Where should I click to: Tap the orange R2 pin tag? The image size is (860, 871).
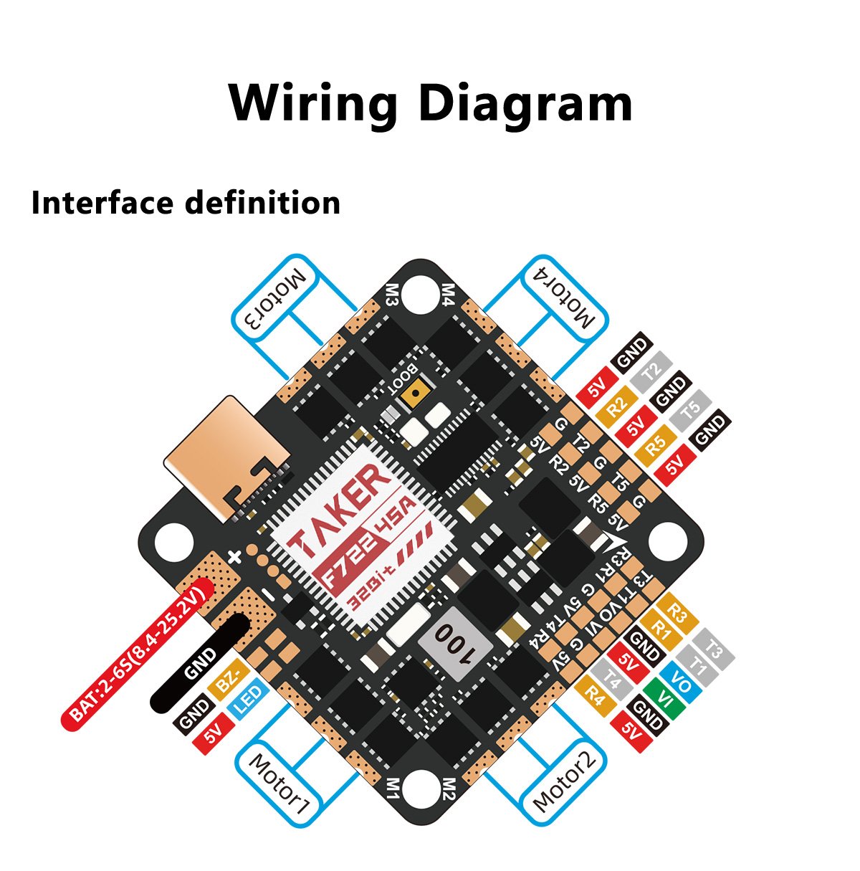[x=617, y=405]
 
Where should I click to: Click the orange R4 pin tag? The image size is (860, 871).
[x=596, y=695]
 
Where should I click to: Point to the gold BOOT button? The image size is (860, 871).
[x=415, y=393]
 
